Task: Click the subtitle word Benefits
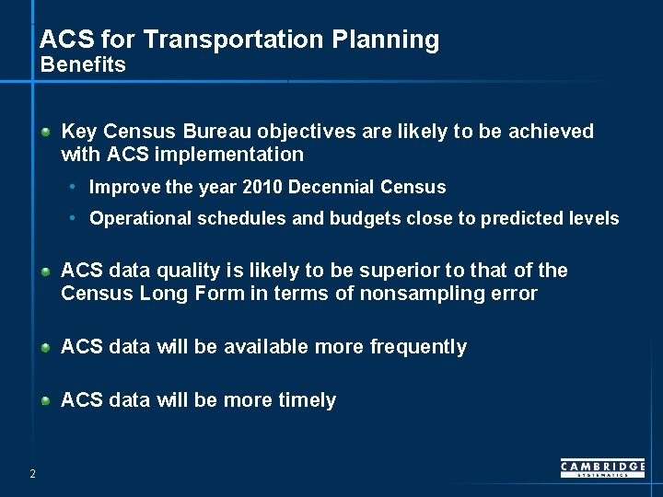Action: tap(83, 65)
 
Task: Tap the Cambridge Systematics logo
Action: tap(602, 468)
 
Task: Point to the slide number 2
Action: tap(32, 473)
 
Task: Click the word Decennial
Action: tap(332, 188)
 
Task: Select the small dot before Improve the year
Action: tap(73, 188)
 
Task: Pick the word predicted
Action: tap(513, 219)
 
